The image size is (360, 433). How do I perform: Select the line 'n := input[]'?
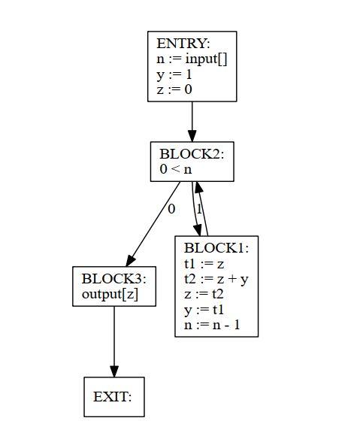click(x=191, y=59)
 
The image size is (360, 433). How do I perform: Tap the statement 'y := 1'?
click(x=174, y=74)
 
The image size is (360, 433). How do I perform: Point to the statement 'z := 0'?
click(x=174, y=89)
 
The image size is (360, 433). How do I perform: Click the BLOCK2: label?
click(x=192, y=154)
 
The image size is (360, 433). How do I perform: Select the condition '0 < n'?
click(x=176, y=169)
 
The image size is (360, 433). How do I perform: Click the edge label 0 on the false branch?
click(x=171, y=209)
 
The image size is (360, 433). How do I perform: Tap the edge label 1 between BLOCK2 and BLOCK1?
click(x=199, y=209)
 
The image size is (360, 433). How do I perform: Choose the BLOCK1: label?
click(x=216, y=248)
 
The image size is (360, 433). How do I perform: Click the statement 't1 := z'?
click(x=204, y=264)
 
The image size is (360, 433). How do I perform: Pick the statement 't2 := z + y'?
click(x=216, y=279)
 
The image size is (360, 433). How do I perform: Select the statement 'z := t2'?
click(x=204, y=295)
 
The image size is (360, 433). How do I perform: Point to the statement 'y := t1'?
click(x=204, y=310)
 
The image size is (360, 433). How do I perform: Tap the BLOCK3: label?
click(x=113, y=279)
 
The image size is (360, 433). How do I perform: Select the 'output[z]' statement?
click(x=109, y=294)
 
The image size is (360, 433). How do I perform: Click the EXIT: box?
click(x=113, y=397)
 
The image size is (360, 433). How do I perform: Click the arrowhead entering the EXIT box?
click(x=113, y=371)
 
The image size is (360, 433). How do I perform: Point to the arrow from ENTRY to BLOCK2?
click(x=192, y=120)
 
